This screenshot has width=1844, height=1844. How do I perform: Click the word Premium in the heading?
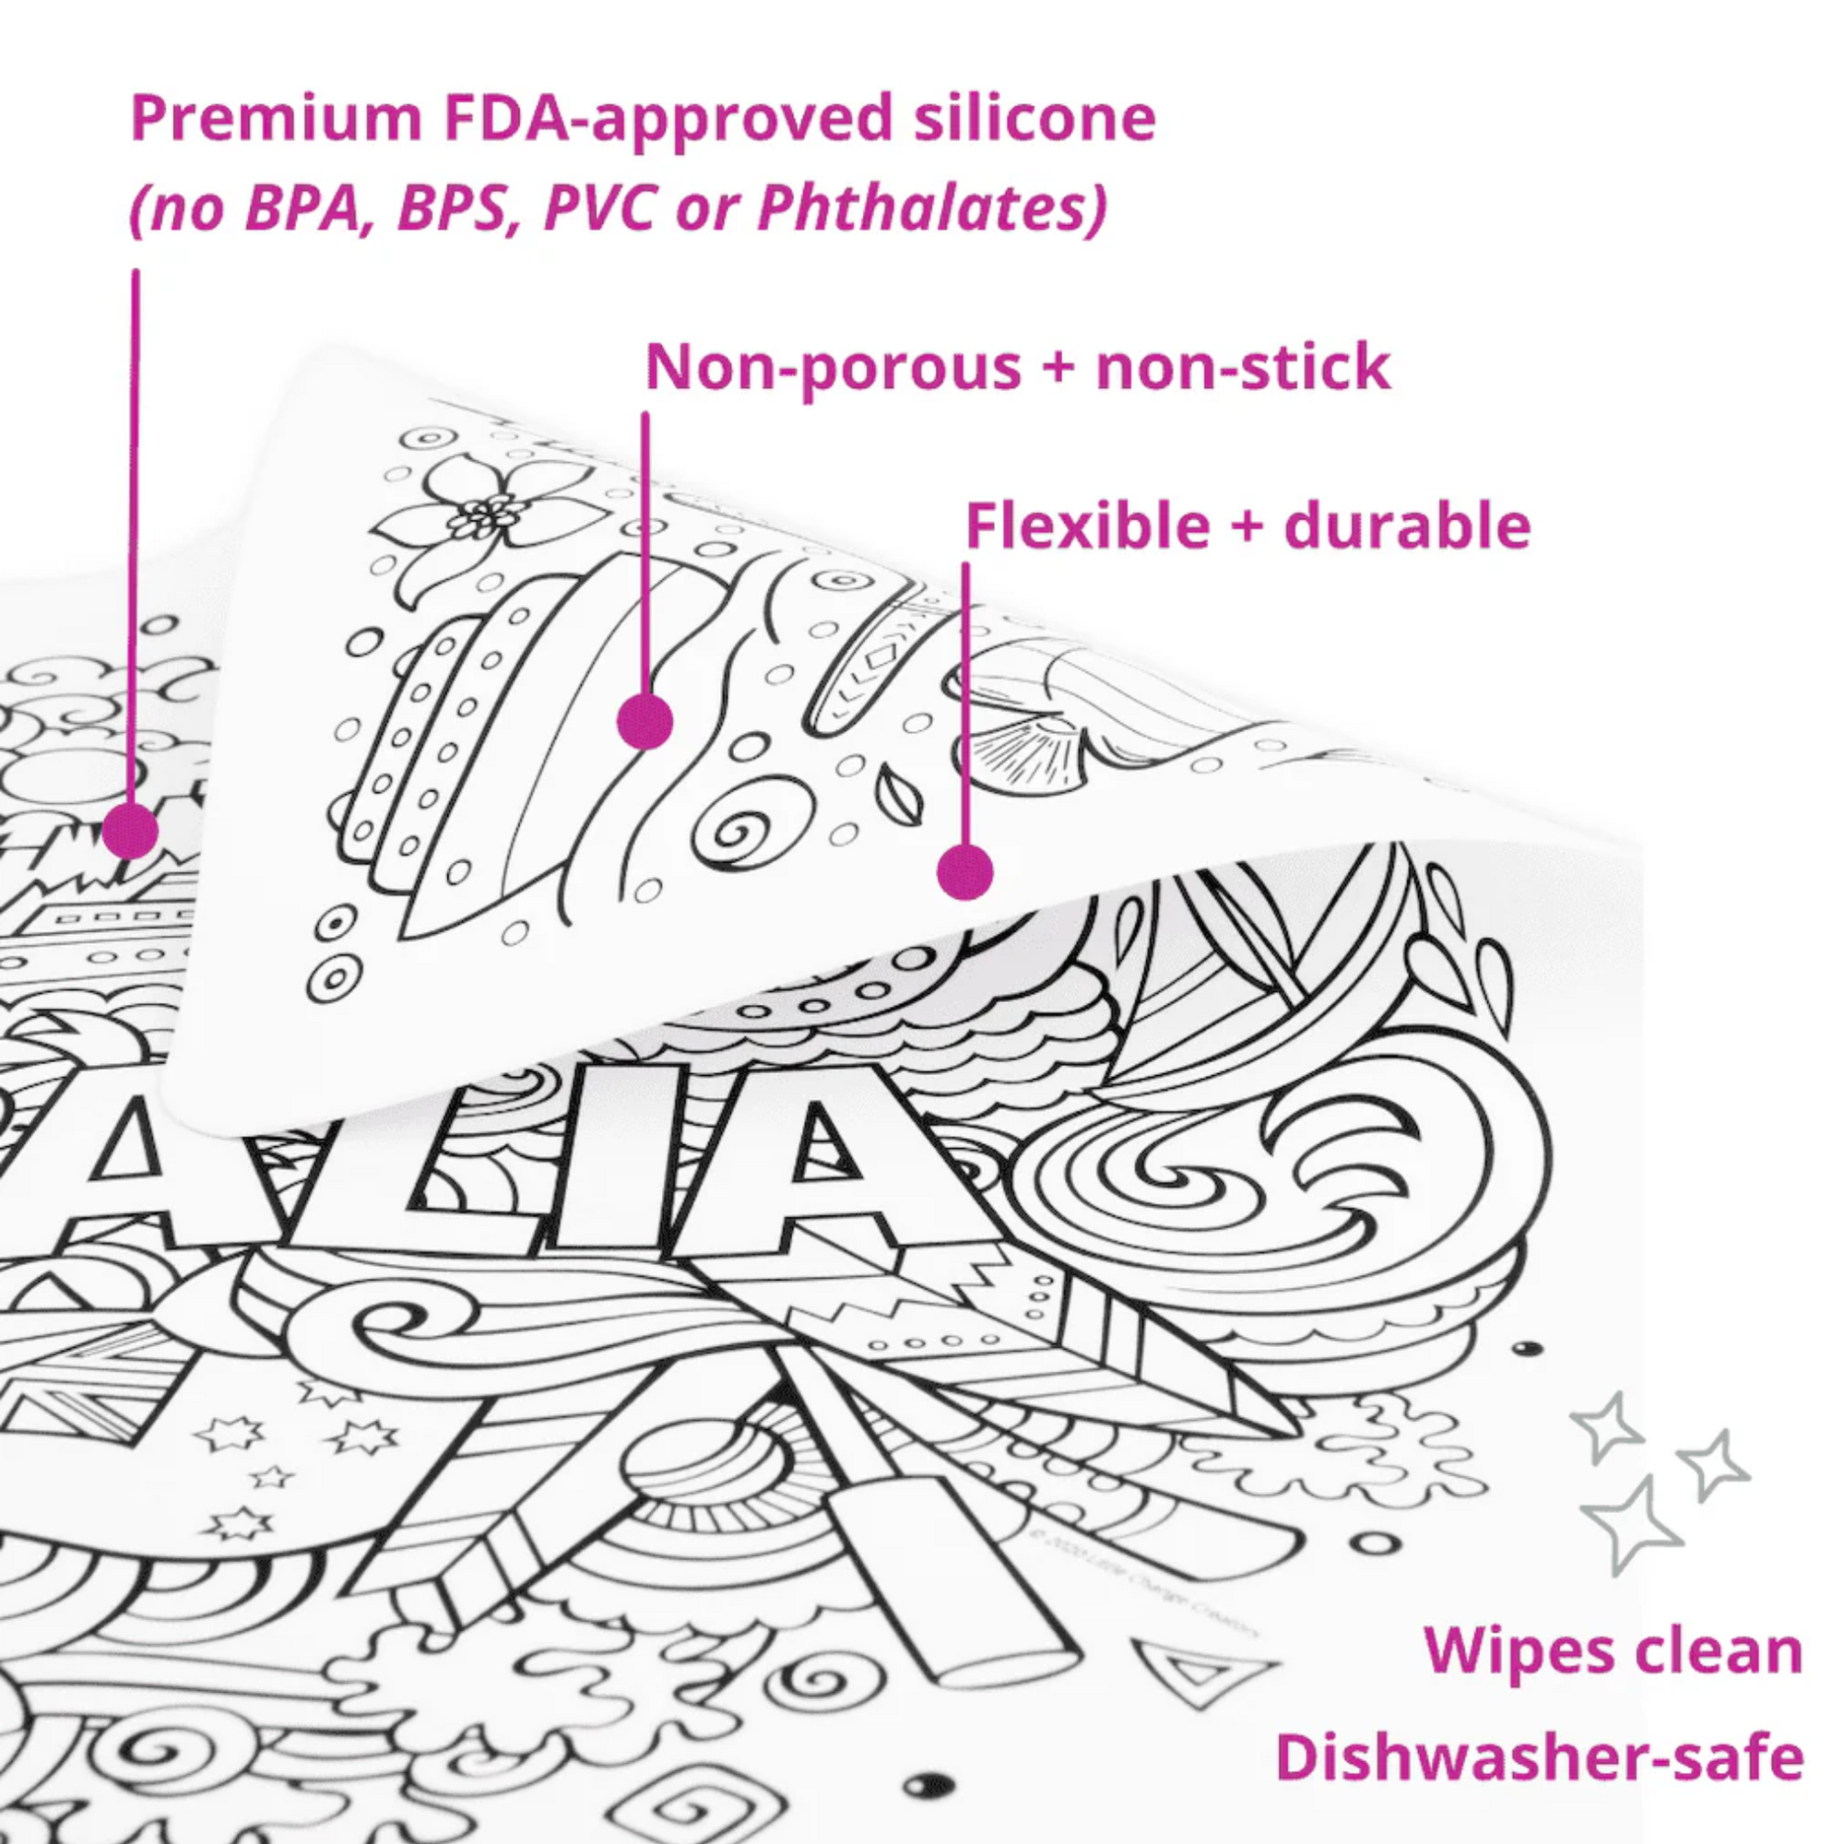(276, 120)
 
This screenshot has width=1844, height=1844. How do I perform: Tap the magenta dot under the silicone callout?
(131, 831)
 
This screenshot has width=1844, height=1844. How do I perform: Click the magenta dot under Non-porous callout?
(646, 721)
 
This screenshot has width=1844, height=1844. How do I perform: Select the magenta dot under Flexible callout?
(965, 872)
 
